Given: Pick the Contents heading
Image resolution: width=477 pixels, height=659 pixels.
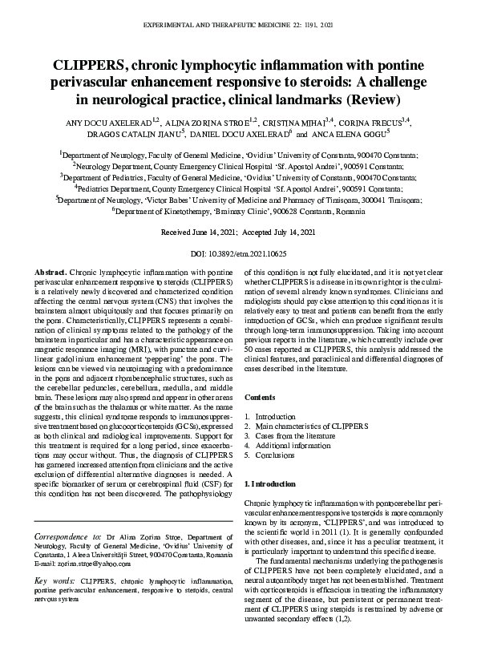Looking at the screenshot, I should coord(259,397).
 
